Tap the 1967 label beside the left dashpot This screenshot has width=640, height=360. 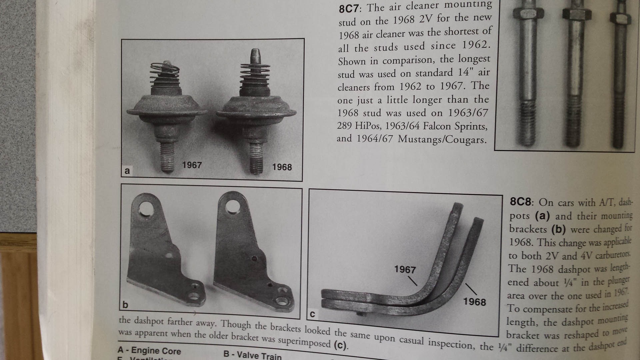click(x=192, y=165)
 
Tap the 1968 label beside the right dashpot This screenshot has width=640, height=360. click(x=282, y=167)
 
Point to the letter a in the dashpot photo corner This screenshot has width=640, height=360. click(x=127, y=171)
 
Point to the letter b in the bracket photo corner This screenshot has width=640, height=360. click(x=125, y=305)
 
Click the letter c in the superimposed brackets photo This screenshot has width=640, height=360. click(x=312, y=314)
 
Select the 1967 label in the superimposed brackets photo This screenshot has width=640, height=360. click(x=405, y=269)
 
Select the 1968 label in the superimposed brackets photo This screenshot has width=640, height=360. click(x=474, y=302)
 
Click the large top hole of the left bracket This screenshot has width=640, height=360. click(x=146, y=209)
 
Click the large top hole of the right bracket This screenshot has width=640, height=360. click(x=232, y=207)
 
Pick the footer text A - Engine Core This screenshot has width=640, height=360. click(x=149, y=350)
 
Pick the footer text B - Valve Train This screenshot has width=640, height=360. click(x=252, y=355)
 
